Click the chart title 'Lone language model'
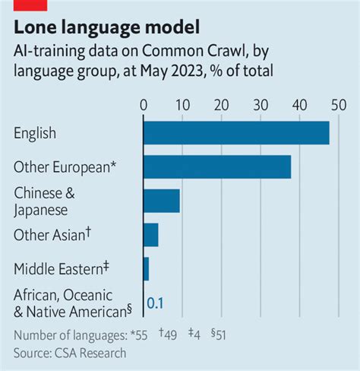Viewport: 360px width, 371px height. point(107,28)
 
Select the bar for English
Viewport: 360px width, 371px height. point(236,133)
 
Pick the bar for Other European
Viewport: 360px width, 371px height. point(217,166)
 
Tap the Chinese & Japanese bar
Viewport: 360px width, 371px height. point(162,201)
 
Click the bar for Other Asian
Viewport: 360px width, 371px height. point(150,235)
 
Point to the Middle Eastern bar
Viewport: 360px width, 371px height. point(146,269)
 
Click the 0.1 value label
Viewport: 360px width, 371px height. point(155,303)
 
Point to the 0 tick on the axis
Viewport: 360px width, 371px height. point(143,103)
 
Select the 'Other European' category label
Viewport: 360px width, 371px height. point(65,166)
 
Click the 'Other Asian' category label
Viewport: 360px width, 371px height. point(53,234)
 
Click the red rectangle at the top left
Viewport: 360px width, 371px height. point(30,5)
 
